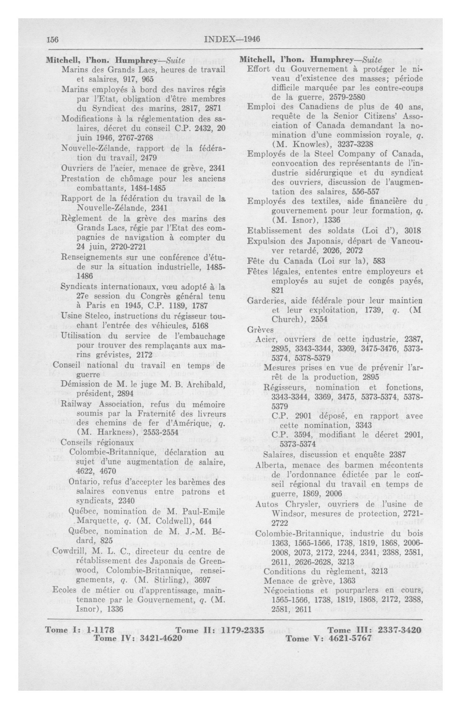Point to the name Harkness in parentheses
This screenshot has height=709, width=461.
pyautogui.click(x=107, y=432)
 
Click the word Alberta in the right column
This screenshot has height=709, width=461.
pyautogui.click(x=268, y=465)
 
